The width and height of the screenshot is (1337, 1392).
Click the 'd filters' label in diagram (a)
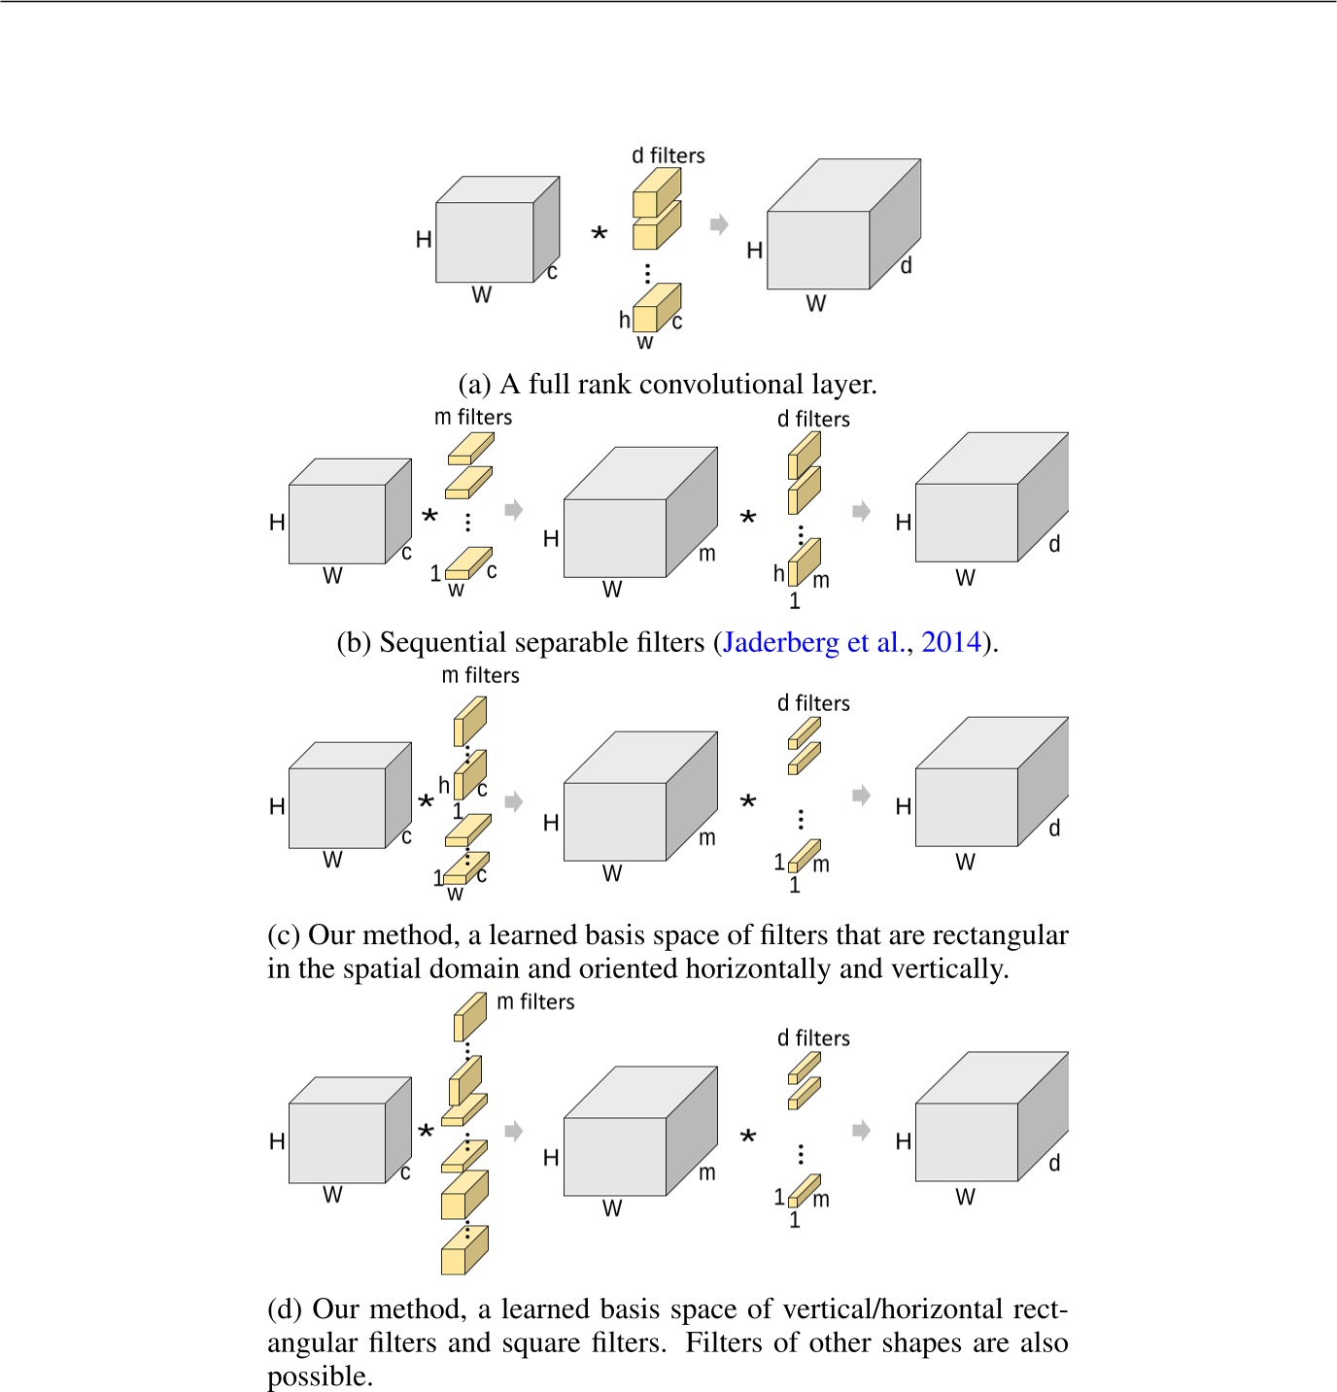click(x=668, y=155)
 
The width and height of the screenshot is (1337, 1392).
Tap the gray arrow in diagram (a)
click(x=719, y=225)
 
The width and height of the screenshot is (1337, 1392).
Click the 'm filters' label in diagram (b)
click(x=473, y=417)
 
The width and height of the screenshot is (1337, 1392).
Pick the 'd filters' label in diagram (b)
click(x=813, y=419)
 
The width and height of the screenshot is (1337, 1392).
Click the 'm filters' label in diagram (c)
click(x=480, y=675)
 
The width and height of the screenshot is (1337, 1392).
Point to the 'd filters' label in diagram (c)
click(x=813, y=703)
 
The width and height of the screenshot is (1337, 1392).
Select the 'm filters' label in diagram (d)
click(x=535, y=1002)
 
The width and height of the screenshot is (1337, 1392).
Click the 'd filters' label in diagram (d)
click(x=813, y=1038)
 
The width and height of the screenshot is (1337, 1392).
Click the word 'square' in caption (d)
click(x=537, y=1343)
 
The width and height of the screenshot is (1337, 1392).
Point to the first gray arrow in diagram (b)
click(x=514, y=510)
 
